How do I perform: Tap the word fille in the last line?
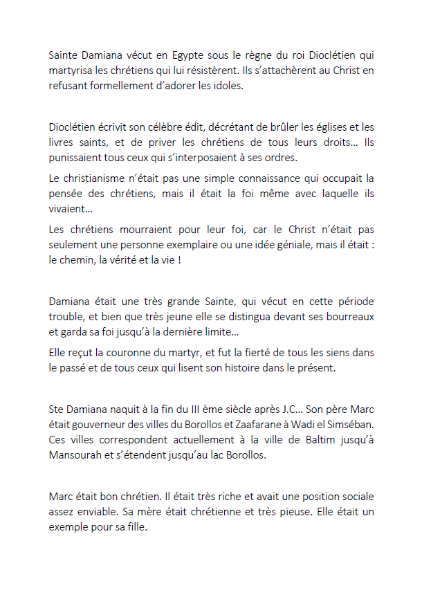(x=136, y=528)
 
